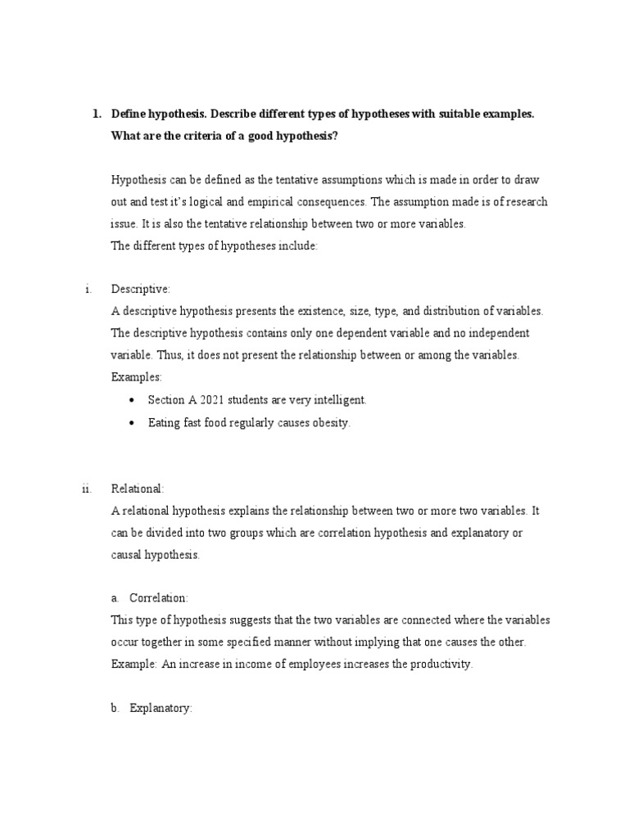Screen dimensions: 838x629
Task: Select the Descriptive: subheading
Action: point(140,289)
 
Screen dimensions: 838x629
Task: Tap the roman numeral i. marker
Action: point(87,289)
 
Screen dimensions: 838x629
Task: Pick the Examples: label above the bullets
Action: point(137,377)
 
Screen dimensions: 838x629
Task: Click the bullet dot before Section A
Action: point(133,400)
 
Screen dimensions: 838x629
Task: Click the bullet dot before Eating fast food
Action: point(133,423)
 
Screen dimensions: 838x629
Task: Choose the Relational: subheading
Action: point(138,489)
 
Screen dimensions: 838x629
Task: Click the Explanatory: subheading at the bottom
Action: point(161,709)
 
